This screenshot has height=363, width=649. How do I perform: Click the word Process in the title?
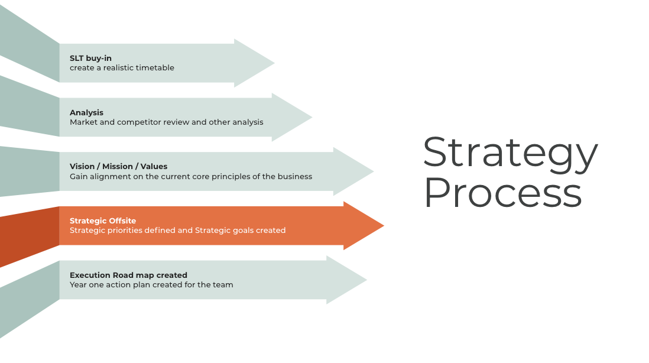(502, 193)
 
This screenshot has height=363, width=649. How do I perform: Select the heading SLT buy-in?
(90, 58)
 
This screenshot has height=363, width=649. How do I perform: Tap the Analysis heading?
(86, 112)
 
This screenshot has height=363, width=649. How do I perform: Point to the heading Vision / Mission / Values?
(118, 167)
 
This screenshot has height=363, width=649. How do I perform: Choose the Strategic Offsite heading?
(103, 221)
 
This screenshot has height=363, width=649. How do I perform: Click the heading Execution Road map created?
(128, 275)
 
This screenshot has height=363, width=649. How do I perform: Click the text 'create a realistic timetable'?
(122, 68)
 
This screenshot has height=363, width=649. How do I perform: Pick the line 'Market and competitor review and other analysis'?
(166, 122)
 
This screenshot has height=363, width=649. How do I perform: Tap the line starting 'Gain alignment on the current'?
(190, 176)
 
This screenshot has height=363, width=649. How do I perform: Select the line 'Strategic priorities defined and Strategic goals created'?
(177, 231)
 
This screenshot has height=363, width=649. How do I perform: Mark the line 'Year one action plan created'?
(151, 285)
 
